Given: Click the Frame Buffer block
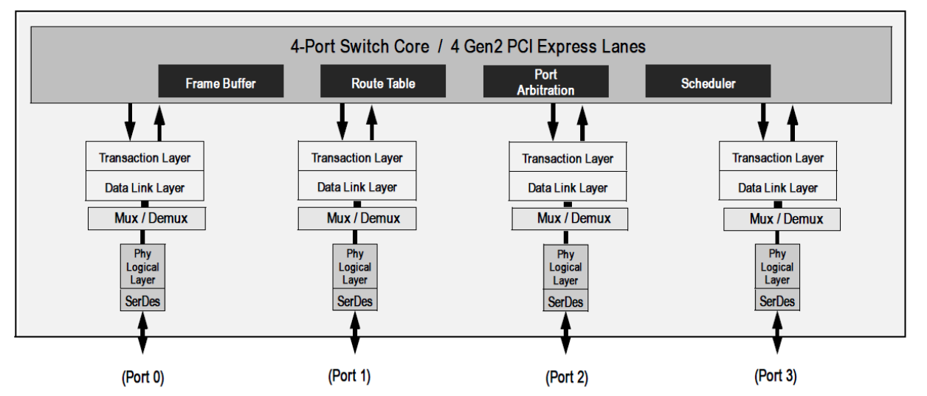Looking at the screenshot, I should click(x=221, y=83).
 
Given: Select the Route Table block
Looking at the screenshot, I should click(x=382, y=83).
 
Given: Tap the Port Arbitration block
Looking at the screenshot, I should click(x=545, y=82).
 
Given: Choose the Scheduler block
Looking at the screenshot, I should click(x=708, y=83).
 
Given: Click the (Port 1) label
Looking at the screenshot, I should click(x=348, y=375).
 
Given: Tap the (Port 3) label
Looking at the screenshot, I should click(x=775, y=375).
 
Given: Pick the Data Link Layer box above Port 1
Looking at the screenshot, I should click(x=357, y=187).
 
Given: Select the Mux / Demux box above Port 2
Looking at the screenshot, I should click(x=568, y=219).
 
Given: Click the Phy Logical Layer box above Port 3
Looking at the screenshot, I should click(x=777, y=266).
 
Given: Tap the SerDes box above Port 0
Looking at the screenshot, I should click(x=142, y=301).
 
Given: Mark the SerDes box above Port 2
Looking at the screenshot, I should click(x=566, y=302).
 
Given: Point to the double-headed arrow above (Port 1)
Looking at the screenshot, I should click(x=355, y=333).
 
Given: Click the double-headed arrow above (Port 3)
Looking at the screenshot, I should click(x=777, y=333).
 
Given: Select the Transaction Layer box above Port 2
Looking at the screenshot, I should click(x=568, y=159).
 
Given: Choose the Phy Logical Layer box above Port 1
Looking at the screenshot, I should click(x=355, y=266).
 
